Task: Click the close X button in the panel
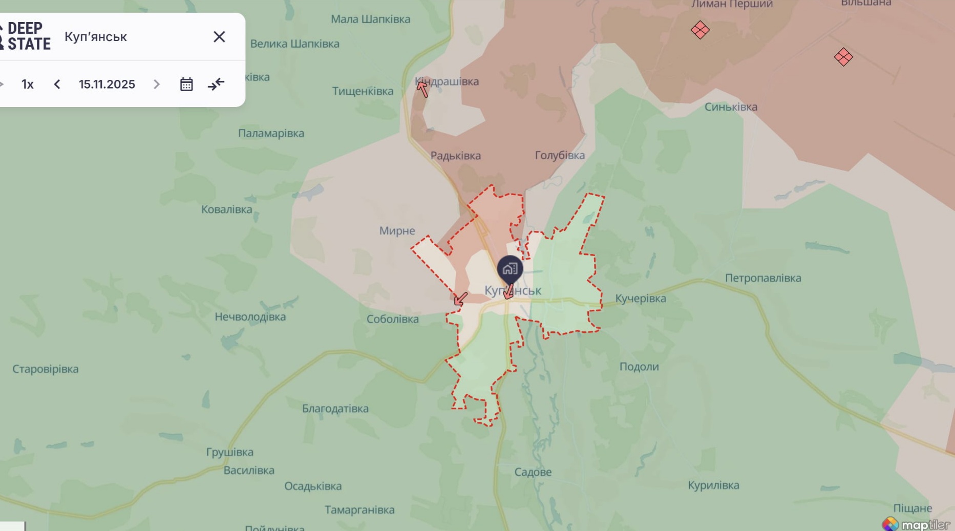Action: pos(219,37)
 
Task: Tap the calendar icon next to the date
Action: pos(186,84)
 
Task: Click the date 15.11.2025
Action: pos(107,84)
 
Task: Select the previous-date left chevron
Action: pos(57,84)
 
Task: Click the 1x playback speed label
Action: pos(28,84)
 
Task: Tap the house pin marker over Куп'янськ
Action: pos(510,269)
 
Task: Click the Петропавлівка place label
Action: pos(762,278)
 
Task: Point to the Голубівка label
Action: pos(560,155)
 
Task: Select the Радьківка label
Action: pos(455,156)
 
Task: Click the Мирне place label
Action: pos(397,231)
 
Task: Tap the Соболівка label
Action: pos(392,319)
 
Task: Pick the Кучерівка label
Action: pos(640,299)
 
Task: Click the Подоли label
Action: pos(639,367)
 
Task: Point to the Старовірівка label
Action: pos(46,369)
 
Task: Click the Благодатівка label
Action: pos(335,409)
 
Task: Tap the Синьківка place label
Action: pos(731,107)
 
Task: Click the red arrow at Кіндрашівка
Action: pos(422,89)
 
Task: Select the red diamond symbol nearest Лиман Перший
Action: pos(700,30)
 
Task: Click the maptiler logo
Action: pos(916,524)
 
